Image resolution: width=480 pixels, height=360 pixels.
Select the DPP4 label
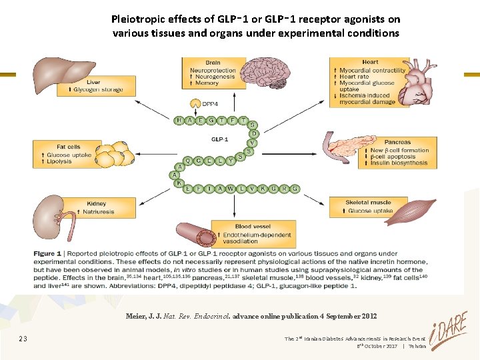(210, 104)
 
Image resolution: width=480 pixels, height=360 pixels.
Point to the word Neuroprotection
(213, 70)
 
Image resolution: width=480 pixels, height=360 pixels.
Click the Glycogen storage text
(98, 89)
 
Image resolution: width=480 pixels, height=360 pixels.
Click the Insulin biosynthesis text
(399, 163)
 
